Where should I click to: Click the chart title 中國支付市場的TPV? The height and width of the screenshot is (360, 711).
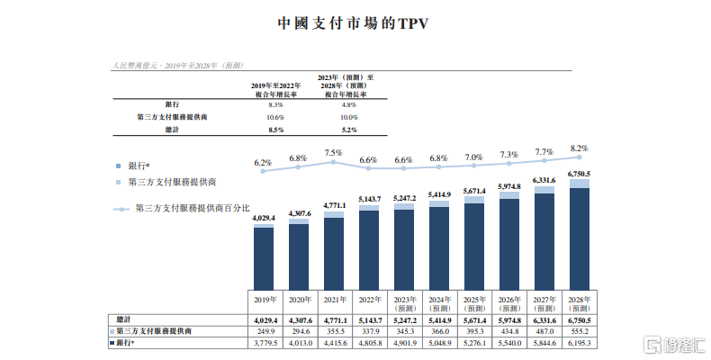tap(354, 22)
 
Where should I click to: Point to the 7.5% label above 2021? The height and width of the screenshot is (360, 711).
tap(333, 152)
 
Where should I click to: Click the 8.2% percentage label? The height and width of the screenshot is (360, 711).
tap(579, 148)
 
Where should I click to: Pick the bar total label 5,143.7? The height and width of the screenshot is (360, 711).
tap(369, 199)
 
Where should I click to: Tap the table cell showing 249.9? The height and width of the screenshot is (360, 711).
tap(264, 331)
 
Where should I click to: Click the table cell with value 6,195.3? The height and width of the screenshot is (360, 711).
tap(579, 343)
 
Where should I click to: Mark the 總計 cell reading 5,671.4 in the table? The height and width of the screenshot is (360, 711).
tap(473, 319)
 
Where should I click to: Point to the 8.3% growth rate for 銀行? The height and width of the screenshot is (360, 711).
tap(275, 105)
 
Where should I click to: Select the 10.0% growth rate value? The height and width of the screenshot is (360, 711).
tap(347, 118)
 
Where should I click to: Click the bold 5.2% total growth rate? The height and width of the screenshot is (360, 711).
tap(347, 130)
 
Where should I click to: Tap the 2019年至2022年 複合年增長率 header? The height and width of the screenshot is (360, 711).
tap(275, 87)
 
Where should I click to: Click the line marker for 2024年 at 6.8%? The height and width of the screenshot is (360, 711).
tap(438, 167)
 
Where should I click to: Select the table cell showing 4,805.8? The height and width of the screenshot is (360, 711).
tap(369, 343)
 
